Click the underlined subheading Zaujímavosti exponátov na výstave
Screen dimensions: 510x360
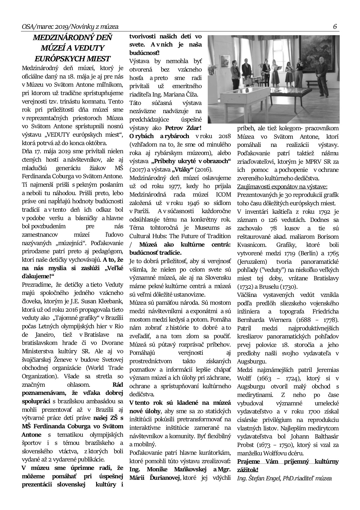[x=282, y=187]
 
